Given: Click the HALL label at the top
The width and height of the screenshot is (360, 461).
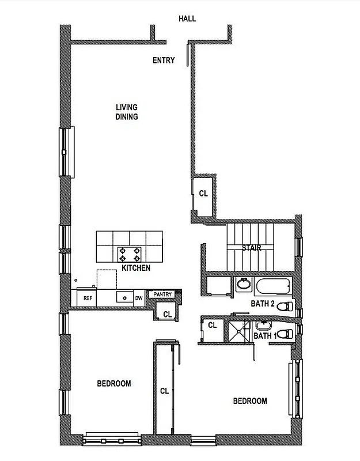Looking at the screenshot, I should click(187, 18).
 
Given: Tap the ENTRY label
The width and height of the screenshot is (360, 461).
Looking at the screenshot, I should click(164, 60).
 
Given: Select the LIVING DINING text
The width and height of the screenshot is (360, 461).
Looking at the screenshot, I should click(127, 111).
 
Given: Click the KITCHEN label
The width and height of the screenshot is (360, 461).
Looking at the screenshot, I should click(136, 268).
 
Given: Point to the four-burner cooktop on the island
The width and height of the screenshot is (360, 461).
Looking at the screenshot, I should click(129, 253).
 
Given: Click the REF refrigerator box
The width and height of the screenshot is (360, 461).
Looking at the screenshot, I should click(88, 298).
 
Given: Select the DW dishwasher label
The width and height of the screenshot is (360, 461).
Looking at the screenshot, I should click(139, 298).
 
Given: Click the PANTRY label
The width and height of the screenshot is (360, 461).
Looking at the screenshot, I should click(162, 294).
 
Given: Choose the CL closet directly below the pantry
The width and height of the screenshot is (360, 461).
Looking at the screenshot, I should click(166, 314).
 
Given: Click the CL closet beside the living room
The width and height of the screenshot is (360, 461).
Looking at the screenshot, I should click(203, 194).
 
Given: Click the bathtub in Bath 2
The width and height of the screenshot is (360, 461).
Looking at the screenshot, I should click(274, 286).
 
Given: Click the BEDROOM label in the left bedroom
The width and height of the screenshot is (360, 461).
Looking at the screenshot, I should click(113, 383).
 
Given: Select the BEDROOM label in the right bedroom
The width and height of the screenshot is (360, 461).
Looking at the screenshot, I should click(250, 401).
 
